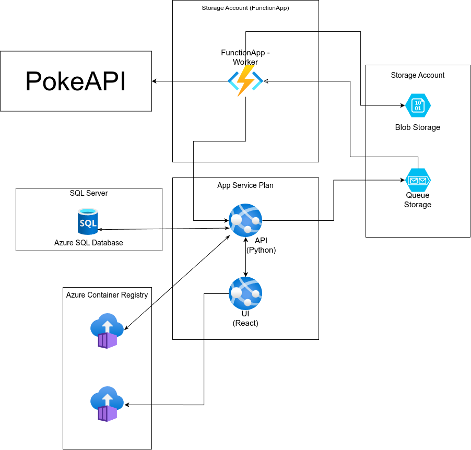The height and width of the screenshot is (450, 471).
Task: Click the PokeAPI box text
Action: click(76, 81)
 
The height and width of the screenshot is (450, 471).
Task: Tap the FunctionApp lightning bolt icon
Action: click(245, 81)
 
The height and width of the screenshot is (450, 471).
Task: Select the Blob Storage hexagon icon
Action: click(418, 105)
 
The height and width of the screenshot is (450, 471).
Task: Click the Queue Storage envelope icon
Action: click(418, 180)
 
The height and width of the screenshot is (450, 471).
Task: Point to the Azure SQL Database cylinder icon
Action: click(88, 222)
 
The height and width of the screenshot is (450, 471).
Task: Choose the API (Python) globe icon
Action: click(245, 220)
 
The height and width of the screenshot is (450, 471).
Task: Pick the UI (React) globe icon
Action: click(245, 293)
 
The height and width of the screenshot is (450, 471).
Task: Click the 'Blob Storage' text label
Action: click(418, 127)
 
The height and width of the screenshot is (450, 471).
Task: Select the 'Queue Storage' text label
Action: click(418, 200)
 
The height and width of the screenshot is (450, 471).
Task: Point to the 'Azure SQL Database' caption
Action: click(89, 243)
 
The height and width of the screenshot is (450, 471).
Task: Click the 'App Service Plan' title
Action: click(245, 185)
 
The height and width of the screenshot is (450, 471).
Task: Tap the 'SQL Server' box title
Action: click(89, 193)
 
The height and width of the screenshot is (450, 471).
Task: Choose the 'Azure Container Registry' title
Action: click(107, 295)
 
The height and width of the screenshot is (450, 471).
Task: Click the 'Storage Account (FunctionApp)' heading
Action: click(245, 8)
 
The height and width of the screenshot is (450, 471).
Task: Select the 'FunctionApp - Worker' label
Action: click(245, 57)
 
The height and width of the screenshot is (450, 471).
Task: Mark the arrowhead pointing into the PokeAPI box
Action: click(154, 81)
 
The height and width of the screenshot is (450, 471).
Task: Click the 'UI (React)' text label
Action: click(245, 318)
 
